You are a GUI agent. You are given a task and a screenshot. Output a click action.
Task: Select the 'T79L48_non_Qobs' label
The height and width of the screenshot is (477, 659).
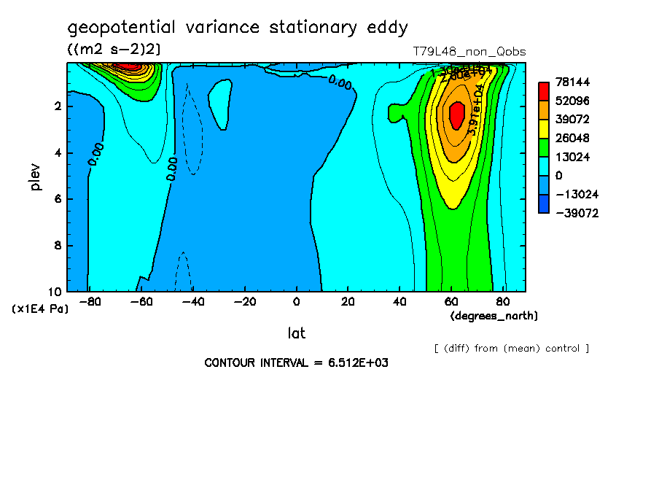coord(469,52)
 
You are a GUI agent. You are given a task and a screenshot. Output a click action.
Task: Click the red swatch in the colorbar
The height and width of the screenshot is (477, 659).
coord(543,91)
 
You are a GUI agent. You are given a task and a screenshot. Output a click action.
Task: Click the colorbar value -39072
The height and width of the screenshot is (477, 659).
coord(574,213)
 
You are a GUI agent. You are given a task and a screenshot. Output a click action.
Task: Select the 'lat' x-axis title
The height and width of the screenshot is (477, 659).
coord(296,333)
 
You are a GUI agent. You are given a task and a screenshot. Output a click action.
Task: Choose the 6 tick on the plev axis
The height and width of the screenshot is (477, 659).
coord(58,199)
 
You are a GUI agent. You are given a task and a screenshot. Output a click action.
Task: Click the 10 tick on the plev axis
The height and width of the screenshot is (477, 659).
coord(55,292)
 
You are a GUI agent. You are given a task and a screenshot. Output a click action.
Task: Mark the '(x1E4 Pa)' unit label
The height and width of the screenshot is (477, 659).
coord(40,309)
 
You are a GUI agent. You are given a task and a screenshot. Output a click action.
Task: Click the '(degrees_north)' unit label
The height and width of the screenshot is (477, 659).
coord(494,316)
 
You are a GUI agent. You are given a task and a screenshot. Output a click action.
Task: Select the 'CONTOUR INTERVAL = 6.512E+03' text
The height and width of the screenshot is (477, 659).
coord(296,362)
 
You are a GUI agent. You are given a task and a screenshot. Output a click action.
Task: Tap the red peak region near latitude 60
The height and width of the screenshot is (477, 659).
coord(456,114)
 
